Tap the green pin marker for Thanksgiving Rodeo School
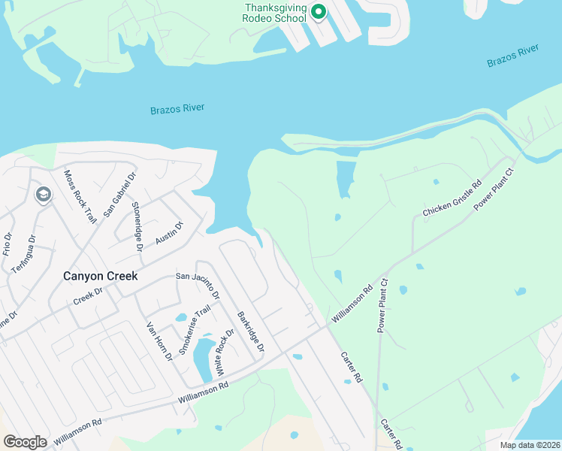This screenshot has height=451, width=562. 318,12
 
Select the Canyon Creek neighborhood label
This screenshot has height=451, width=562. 100,276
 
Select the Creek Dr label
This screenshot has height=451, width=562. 87,296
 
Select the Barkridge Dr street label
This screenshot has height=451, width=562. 250,331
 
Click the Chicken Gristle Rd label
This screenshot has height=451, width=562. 451,199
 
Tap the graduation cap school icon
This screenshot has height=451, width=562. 43,195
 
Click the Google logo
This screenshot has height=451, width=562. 25,441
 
